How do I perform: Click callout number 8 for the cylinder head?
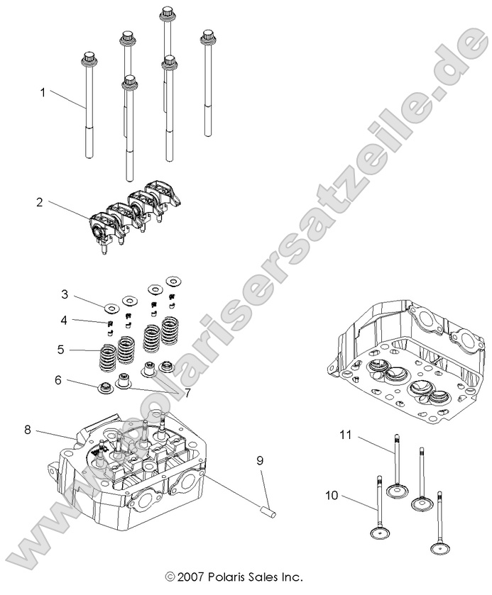28,429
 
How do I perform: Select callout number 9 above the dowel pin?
260,460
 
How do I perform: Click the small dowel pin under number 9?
268,508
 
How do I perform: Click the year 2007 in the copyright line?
190,577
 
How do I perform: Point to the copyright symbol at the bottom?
169,577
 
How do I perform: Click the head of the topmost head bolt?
168,13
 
